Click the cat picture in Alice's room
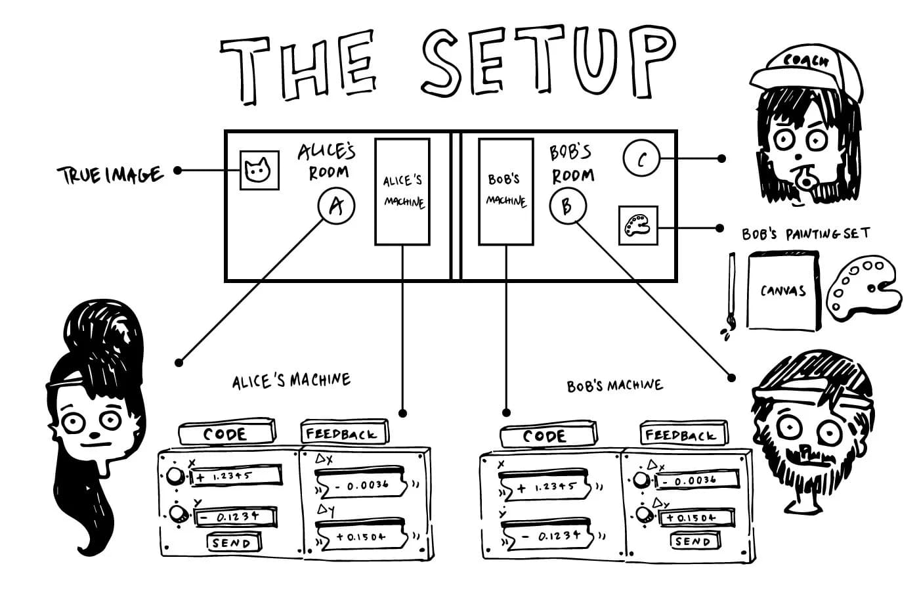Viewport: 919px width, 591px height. tap(259, 170)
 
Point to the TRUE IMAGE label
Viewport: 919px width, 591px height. tap(111, 175)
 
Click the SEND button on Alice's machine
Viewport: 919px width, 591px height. tap(234, 542)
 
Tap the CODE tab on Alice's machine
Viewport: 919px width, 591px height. tap(227, 433)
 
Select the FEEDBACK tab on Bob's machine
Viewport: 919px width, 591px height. tap(684, 434)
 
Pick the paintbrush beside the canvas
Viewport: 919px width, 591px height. tap(730, 296)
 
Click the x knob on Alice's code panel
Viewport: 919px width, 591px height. tap(175, 476)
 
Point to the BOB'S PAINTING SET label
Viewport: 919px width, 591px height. tap(806, 234)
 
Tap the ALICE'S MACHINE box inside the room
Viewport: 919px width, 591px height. tap(402, 192)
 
